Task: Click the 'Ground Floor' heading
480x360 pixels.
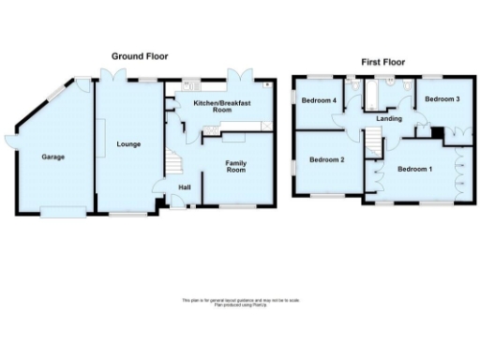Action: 140,56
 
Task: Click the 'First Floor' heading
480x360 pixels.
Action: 383,62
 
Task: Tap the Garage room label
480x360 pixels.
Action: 52,157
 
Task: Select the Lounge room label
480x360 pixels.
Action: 128,143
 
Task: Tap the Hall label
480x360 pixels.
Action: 185,187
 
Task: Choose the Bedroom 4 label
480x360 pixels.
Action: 319,100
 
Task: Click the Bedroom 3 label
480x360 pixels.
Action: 442,98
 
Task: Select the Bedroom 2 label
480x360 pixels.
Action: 327,160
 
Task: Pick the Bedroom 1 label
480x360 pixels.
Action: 414,169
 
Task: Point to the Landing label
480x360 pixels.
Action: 388,120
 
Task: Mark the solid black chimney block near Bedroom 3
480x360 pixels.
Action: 435,132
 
